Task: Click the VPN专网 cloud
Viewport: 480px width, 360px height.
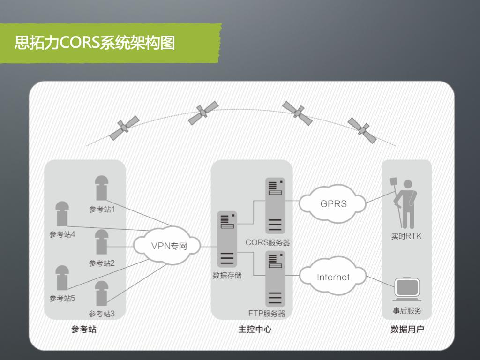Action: coord(167,245)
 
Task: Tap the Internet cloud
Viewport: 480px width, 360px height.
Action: coord(333,277)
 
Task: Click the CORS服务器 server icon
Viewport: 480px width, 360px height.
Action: coord(275,205)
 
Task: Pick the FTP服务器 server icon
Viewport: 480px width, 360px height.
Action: coord(275,278)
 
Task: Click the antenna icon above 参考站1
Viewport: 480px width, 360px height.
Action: coord(102,187)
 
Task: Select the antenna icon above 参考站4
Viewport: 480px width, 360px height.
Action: coord(62,213)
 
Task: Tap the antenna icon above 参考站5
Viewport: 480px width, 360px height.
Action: coord(62,277)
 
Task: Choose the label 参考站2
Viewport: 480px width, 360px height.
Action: coord(102,263)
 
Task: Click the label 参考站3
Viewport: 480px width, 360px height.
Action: coord(102,314)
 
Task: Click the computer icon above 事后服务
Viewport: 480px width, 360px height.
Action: coord(406,290)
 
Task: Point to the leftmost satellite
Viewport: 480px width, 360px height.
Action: coord(124,127)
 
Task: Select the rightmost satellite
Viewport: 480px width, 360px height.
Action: coord(362,130)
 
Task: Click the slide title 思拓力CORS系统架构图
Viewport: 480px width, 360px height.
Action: coord(95,43)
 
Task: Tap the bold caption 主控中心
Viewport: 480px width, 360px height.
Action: coord(255,330)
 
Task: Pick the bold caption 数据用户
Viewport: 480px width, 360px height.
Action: coord(407,330)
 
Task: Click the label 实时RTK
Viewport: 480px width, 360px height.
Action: coord(406,236)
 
